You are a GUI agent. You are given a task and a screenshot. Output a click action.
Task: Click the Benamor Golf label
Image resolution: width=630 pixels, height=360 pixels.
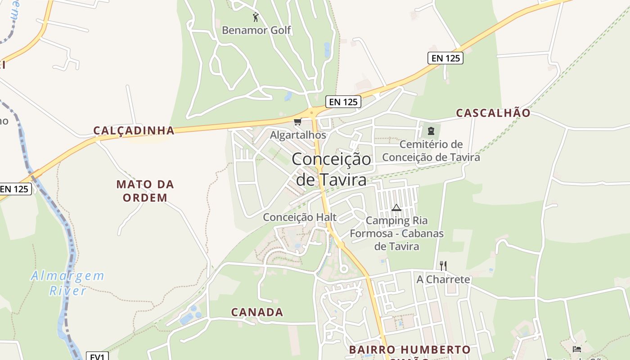(256, 31)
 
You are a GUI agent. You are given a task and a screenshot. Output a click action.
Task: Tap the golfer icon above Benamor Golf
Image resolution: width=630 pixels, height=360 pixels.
(256, 17)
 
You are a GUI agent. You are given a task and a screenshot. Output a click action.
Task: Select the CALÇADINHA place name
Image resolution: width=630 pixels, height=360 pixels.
(134, 130)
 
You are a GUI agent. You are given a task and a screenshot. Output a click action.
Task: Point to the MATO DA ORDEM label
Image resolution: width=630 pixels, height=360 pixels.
(145, 191)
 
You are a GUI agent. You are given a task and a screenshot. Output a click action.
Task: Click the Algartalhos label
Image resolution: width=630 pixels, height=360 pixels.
(298, 135)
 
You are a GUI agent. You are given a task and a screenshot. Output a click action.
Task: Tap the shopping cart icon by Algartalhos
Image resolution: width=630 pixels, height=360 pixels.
(297, 121)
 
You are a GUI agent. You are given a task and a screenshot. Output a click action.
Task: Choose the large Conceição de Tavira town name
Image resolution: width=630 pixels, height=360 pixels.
(332, 169)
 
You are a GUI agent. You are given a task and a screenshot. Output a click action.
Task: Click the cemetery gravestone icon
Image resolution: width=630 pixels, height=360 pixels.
(431, 131)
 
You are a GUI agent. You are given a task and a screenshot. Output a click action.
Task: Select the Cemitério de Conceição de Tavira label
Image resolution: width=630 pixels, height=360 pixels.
(431, 151)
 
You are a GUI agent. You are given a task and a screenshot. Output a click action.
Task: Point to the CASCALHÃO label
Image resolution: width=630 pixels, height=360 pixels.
(493, 113)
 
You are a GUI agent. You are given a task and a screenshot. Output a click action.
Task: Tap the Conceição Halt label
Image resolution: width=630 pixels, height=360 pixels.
(300, 217)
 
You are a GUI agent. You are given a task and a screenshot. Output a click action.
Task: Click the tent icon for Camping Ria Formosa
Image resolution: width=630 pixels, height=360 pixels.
(396, 207)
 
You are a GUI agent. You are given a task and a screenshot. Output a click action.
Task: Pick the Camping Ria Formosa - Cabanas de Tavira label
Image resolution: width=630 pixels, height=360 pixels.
(396, 234)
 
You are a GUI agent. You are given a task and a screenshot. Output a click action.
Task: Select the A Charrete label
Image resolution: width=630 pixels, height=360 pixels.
(443, 279)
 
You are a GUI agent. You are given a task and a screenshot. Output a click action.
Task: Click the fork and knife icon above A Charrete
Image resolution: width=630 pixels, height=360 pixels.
(443, 265)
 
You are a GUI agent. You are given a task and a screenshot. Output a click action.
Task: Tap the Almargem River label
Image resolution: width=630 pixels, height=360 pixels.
(67, 283)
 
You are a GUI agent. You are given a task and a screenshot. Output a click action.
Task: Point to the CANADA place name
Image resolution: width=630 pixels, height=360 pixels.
(257, 312)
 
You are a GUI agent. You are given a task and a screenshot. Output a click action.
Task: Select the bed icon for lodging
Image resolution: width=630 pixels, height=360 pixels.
(577, 349)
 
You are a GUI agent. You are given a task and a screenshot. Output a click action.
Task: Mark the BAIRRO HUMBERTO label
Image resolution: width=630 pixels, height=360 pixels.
(409, 350)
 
